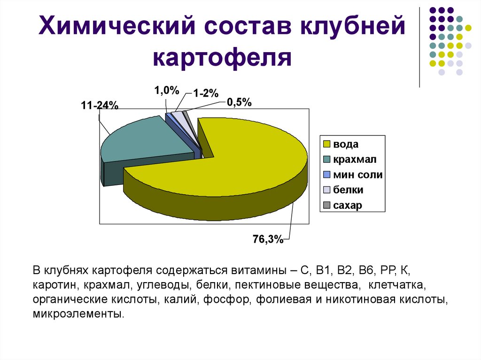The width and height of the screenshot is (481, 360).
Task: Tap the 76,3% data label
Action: coord(268,240)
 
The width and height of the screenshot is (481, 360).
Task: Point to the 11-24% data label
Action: coord(99,106)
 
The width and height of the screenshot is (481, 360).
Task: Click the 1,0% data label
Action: coord(167,91)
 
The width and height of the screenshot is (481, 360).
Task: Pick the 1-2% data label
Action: coord(205,93)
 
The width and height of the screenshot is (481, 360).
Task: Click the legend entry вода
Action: coord(346,144)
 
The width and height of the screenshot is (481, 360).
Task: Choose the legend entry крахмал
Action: coord(355,160)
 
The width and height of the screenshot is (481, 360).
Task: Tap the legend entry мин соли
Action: coord(357,175)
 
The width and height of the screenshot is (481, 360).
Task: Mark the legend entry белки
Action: coord(348,190)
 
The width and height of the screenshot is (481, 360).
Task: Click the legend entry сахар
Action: coord(348,206)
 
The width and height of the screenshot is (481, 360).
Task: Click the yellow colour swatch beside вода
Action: coord(327,144)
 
